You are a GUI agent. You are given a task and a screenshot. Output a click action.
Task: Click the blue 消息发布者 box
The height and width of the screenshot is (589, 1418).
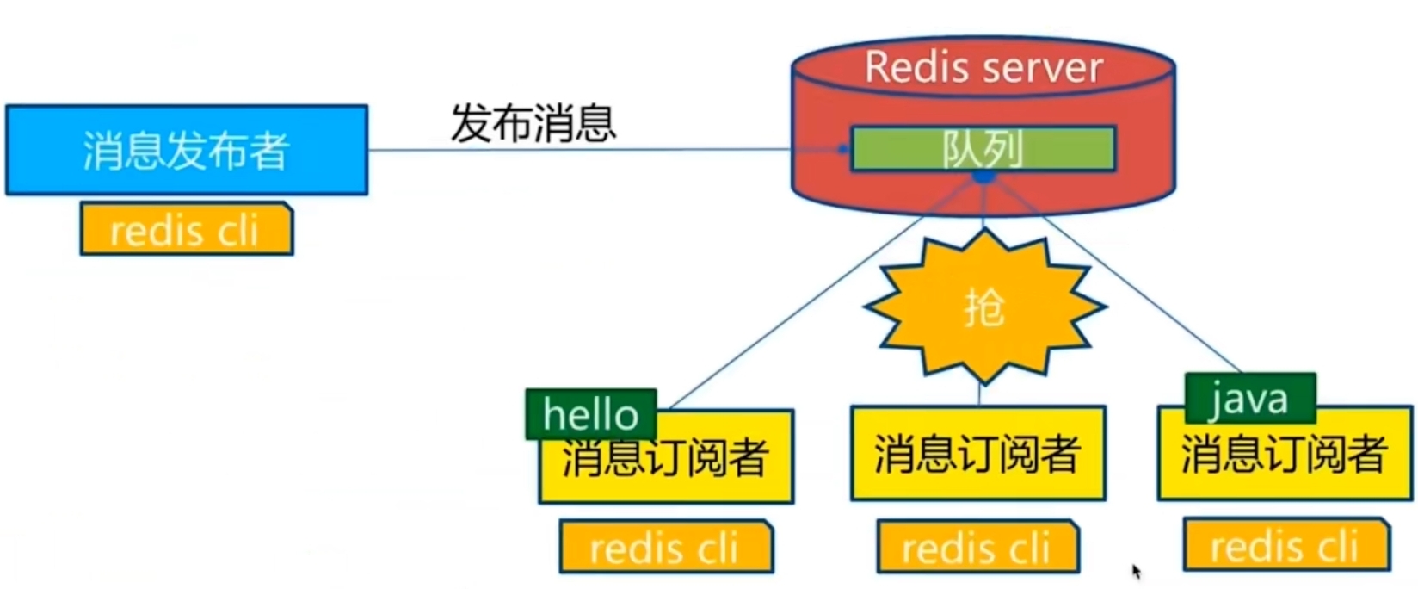click(x=187, y=151)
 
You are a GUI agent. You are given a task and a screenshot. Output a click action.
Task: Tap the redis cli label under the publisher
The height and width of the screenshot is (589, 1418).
click(x=187, y=230)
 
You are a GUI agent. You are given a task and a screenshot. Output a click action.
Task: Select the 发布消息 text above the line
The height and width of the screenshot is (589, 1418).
click(x=533, y=123)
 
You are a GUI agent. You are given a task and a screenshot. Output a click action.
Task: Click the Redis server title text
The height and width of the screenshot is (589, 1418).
click(x=983, y=67)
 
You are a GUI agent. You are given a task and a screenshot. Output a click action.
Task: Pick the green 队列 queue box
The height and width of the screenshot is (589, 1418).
click(x=983, y=149)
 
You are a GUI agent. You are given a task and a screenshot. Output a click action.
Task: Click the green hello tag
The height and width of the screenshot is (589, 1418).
click(x=591, y=414)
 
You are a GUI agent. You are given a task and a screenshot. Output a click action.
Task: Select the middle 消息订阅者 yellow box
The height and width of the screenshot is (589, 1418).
click(x=978, y=454)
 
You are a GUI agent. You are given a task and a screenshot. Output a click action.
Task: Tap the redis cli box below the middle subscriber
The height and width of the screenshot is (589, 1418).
click(x=977, y=547)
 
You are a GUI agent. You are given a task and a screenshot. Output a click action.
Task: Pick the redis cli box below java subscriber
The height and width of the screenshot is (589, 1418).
click(x=1285, y=545)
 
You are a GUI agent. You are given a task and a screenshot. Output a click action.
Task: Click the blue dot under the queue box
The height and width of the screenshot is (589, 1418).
click(x=983, y=177)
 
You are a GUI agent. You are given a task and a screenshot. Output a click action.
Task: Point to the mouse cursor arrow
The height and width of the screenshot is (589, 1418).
click(x=1137, y=570)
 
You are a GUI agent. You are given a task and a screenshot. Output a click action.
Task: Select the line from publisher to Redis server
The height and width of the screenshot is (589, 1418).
click(x=576, y=150)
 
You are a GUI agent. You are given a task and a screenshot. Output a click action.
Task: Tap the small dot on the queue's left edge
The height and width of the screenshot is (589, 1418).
click(x=843, y=149)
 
